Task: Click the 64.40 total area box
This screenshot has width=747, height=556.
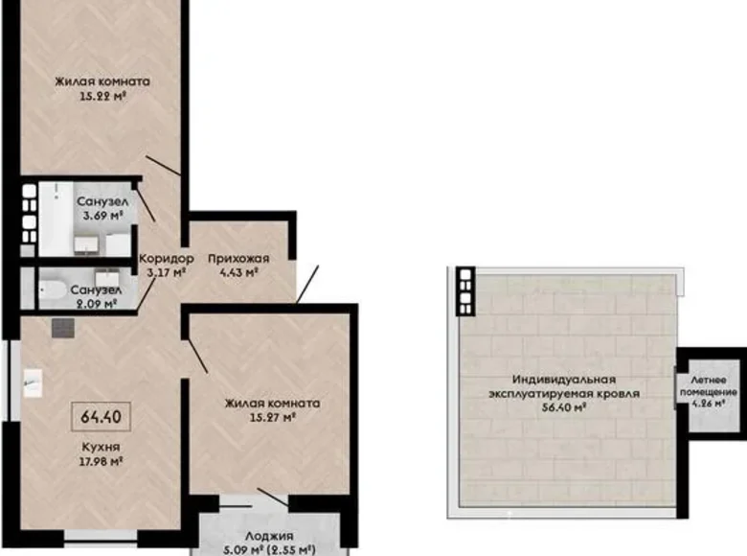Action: pos(102,418)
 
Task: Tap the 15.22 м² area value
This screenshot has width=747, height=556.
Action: pos(102,96)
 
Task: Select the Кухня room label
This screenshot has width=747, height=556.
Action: pos(101,448)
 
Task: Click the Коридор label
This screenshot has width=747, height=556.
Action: pos(166,259)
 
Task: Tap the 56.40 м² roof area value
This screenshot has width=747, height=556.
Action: pos(563,406)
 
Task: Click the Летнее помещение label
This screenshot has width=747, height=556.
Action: pos(710,386)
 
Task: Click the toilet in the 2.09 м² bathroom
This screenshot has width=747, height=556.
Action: pos(55,288)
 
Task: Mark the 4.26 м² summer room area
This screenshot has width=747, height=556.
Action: pos(710,404)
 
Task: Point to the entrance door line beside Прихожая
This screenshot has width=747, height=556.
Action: pos(308,285)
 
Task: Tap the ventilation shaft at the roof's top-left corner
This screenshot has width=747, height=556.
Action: pos(465,290)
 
